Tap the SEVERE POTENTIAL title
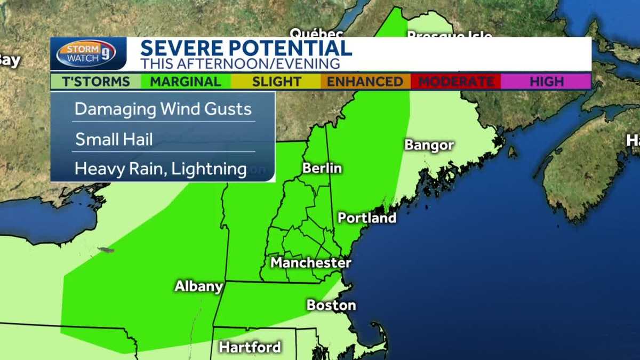(x=246, y=48)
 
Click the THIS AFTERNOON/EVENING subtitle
(x=240, y=63)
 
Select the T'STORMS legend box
(x=96, y=82)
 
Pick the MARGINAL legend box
(x=186, y=82)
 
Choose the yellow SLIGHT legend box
(x=276, y=82)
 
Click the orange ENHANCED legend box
(x=365, y=82)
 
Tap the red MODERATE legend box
(x=455, y=82)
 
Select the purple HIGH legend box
(x=546, y=82)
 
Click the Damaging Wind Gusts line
(x=163, y=109)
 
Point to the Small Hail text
(x=114, y=140)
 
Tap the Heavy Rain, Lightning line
(x=161, y=169)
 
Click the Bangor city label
(x=429, y=145)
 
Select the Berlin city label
(x=322, y=168)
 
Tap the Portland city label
(x=367, y=218)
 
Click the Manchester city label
(x=310, y=262)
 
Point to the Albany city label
(x=198, y=286)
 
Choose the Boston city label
(x=331, y=305)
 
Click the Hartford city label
(x=250, y=347)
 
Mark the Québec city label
(x=316, y=33)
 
